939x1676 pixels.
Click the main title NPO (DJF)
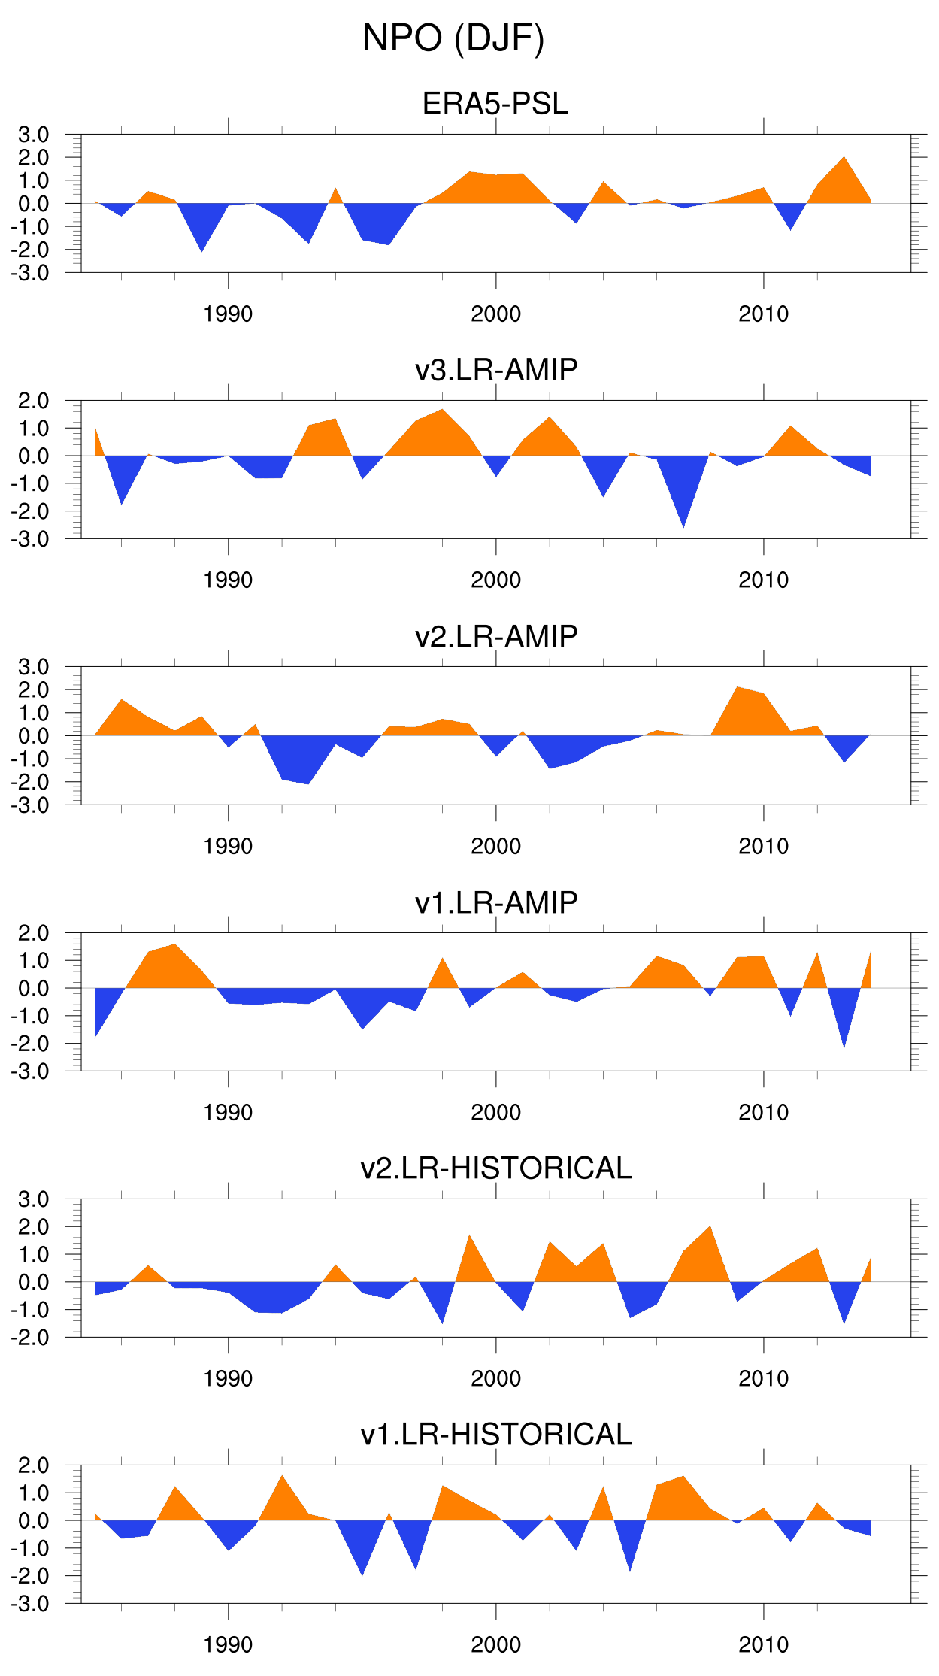click(x=453, y=38)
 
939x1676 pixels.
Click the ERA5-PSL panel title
click(x=495, y=104)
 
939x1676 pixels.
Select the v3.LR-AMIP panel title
click(x=496, y=370)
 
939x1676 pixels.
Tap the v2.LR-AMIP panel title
click(x=496, y=636)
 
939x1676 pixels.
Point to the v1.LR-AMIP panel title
click(x=496, y=902)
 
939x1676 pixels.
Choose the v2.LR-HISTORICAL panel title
click(x=496, y=1168)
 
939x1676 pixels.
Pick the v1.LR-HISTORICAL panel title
click(x=496, y=1435)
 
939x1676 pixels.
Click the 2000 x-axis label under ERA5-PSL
click(x=495, y=314)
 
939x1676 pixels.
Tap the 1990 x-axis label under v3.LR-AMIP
click(x=228, y=580)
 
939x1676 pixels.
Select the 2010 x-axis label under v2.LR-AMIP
click(x=763, y=847)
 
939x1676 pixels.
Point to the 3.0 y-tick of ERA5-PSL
click(x=34, y=135)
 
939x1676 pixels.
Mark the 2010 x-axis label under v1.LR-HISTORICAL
click(x=763, y=1645)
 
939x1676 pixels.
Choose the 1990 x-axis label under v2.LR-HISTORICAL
click(x=228, y=1379)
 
